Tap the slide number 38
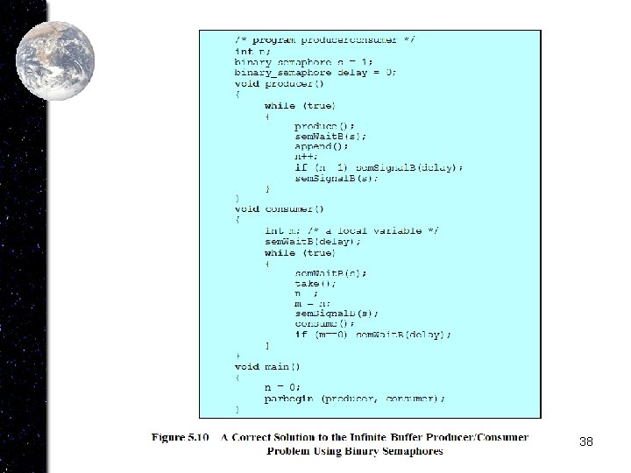586,441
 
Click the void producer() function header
279,84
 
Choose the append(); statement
317,147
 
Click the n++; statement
307,158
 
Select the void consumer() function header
279,208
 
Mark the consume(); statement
319,323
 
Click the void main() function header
267,366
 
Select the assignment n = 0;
282,387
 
